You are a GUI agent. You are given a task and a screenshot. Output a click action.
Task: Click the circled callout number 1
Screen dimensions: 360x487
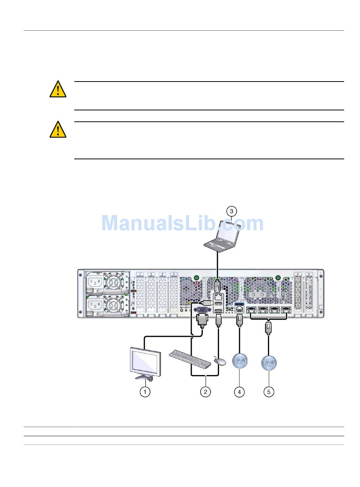(145, 391)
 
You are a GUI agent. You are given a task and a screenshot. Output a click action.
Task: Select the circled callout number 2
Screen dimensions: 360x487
(205, 391)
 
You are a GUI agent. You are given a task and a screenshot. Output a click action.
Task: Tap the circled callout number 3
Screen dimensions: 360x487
(232, 211)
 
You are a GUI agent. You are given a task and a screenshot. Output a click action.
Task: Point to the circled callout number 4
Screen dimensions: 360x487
(239, 391)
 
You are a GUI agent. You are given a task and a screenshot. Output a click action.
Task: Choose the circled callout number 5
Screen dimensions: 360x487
(269, 391)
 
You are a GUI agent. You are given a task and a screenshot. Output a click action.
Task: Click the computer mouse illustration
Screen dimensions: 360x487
(220, 361)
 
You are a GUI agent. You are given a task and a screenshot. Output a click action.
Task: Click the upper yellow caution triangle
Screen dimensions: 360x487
(58, 90)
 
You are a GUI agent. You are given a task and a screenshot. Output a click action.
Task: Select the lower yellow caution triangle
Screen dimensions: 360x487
(58, 130)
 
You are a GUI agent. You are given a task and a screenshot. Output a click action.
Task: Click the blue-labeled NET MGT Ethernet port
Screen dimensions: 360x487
(239, 309)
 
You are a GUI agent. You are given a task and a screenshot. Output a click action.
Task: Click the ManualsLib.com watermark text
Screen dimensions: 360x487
(182, 223)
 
